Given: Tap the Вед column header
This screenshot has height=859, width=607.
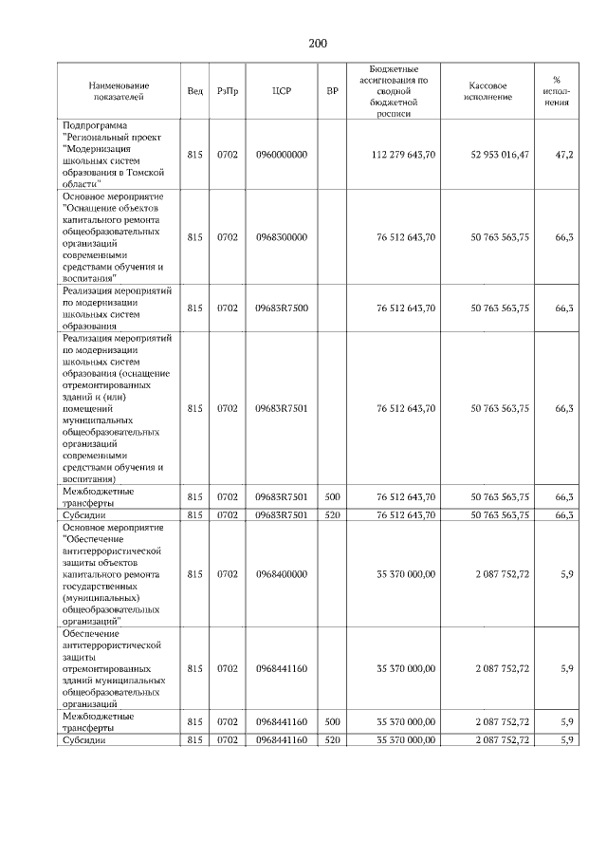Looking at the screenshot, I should [x=194, y=91].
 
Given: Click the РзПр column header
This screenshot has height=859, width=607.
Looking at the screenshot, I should [x=228, y=91].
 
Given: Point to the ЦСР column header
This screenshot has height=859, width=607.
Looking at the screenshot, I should [x=281, y=91].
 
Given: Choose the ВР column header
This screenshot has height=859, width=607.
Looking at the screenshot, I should [x=332, y=91].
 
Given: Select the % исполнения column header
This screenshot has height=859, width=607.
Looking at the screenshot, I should [x=556, y=91].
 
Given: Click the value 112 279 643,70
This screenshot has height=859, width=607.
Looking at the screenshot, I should [x=405, y=155].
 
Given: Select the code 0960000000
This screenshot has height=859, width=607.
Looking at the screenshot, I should [x=281, y=155].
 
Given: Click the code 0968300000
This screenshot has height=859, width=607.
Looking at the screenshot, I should [x=281, y=237].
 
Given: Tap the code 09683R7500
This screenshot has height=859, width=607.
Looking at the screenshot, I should [x=281, y=308].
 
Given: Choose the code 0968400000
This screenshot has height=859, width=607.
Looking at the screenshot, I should [x=281, y=573].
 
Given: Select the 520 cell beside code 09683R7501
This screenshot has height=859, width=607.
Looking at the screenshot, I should [x=332, y=514].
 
